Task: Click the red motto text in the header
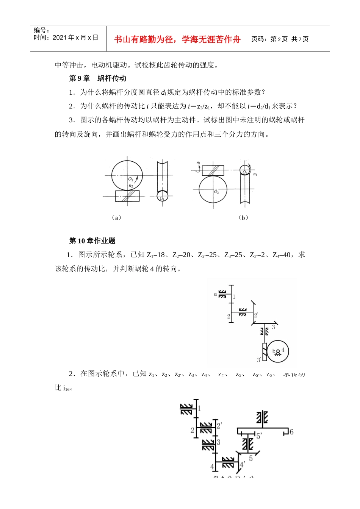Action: coord(177,39)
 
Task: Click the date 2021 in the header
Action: coord(59,37)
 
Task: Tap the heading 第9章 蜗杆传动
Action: coord(98,78)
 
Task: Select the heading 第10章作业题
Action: coord(92,240)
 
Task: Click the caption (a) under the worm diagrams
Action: coord(117,217)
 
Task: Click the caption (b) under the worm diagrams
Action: coord(243,217)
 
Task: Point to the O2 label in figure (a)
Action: coord(130,179)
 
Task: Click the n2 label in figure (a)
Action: coord(130,186)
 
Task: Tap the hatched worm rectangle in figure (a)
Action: coord(127,196)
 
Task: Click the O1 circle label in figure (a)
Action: coord(162,198)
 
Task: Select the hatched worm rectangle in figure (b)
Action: coord(213,170)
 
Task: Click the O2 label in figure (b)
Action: coord(216,192)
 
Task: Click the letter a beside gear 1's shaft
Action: coord(216,294)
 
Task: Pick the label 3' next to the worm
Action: coord(259,360)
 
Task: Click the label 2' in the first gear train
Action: coord(256,315)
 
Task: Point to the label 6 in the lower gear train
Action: coord(291,431)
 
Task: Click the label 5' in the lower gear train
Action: coord(259,436)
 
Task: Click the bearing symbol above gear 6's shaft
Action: coord(262,417)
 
